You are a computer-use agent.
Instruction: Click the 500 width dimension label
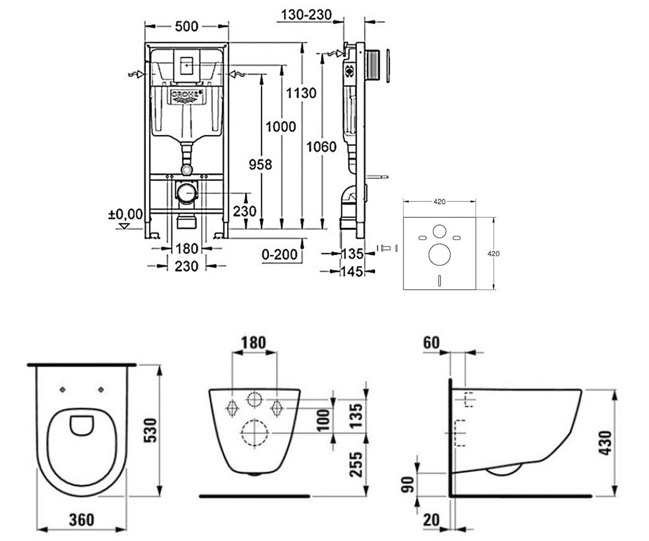click(187, 27)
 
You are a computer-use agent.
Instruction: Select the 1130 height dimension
click(301, 93)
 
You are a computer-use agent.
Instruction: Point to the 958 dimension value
click(261, 164)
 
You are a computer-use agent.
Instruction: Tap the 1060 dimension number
click(322, 147)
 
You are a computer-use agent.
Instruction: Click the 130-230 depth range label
click(307, 15)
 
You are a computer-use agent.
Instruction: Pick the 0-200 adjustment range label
click(280, 255)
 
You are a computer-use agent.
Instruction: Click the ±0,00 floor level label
click(125, 214)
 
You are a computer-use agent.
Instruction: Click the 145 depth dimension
click(352, 272)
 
